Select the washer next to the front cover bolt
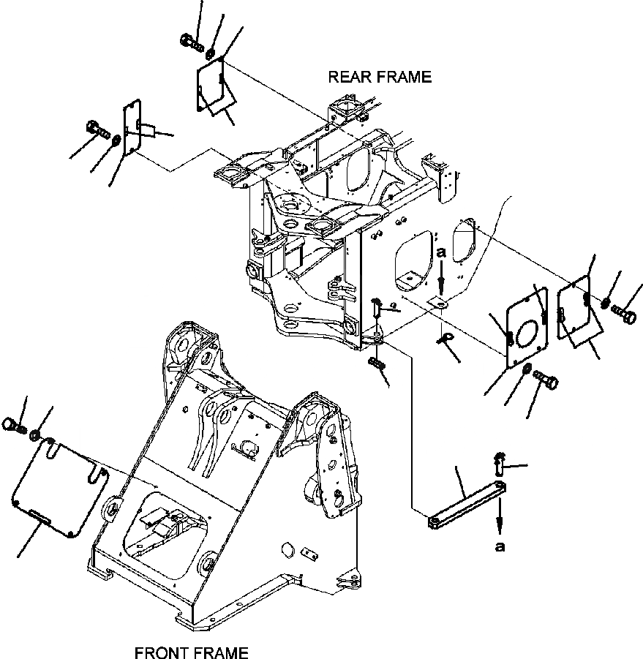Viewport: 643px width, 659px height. (34, 435)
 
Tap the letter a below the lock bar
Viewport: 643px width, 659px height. (500, 546)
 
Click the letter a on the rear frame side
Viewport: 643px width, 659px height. (440, 252)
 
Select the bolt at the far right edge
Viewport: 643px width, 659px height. (628, 315)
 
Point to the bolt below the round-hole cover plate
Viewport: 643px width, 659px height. (545, 380)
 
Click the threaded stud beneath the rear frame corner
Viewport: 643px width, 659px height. (376, 364)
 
